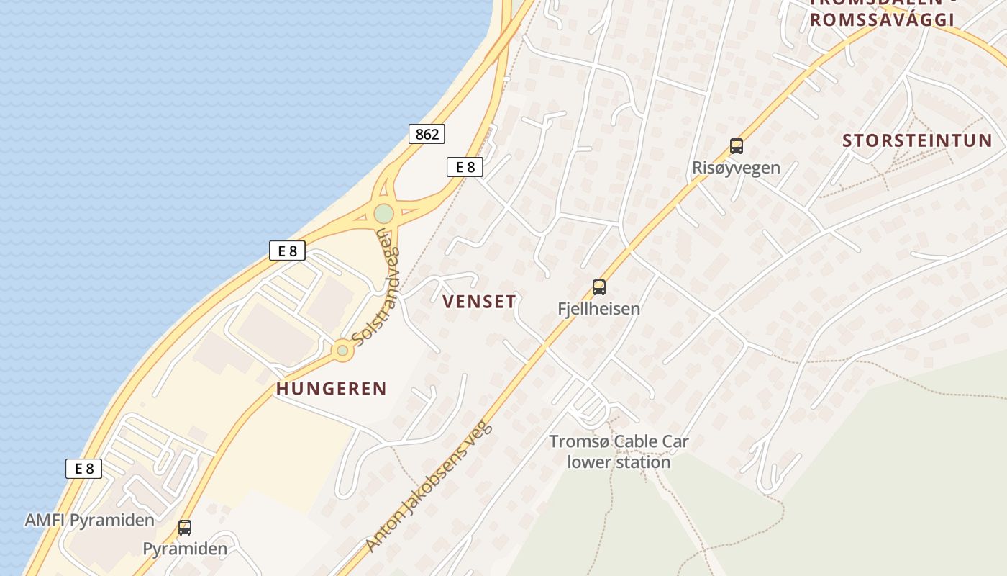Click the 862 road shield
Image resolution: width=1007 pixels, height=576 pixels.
(427, 133)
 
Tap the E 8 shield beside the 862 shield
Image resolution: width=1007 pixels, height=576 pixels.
(465, 167)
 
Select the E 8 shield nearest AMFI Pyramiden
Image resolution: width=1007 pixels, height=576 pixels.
(84, 469)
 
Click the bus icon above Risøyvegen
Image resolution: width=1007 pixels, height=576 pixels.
(736, 146)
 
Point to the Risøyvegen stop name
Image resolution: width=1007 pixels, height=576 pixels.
(736, 168)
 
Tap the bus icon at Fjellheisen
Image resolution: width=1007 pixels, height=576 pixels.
(598, 287)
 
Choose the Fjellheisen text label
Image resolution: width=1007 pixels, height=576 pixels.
(598, 309)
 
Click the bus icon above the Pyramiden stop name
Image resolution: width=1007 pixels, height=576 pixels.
(185, 528)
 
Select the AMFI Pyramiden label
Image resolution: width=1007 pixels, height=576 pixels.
(89, 520)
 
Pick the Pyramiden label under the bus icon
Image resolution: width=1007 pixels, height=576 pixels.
(185, 549)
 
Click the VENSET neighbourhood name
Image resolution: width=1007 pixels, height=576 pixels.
(480, 302)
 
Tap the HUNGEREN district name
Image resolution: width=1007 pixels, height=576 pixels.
(332, 389)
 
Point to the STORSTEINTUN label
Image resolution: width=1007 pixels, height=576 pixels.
(917, 140)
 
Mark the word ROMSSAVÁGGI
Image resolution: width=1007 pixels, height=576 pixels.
(882, 20)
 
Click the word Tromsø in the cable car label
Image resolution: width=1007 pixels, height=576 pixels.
(573, 441)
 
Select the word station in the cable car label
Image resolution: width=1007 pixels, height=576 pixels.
(643, 462)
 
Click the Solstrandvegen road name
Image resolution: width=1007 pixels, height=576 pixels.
(376, 295)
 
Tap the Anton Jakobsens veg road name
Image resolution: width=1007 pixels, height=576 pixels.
(429, 487)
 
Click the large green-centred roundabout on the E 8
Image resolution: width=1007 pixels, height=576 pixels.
(383, 214)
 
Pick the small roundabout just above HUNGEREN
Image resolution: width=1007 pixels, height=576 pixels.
(342, 351)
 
